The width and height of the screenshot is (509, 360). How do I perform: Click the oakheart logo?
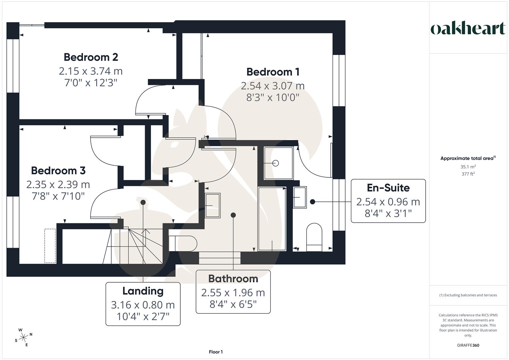(468, 29)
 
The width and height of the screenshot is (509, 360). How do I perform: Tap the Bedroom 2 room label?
(91, 57)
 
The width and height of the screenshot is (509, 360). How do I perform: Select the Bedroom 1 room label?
(273, 72)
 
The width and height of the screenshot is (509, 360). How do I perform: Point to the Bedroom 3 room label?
(58, 170)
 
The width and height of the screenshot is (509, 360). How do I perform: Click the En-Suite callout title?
(388, 188)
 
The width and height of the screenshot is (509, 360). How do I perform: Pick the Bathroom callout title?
(233, 278)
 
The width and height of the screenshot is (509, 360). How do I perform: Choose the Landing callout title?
(143, 291)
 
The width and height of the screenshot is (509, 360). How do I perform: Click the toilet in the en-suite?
(314, 237)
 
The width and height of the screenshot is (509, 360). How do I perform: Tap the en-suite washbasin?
(300, 197)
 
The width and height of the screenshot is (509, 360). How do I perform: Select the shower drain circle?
(275, 163)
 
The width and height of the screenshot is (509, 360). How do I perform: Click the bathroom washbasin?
(213, 206)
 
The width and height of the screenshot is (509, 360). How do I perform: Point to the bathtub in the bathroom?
(272, 219)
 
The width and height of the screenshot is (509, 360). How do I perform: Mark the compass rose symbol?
(23, 337)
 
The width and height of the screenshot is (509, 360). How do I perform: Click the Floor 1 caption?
(216, 352)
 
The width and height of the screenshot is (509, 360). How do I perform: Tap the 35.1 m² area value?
(468, 167)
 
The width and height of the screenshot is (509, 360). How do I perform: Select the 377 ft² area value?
(468, 174)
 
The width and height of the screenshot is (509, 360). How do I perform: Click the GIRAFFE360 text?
(468, 345)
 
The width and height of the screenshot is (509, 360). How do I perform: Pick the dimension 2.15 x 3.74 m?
(91, 71)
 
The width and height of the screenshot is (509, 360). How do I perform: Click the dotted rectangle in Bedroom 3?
(50, 246)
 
